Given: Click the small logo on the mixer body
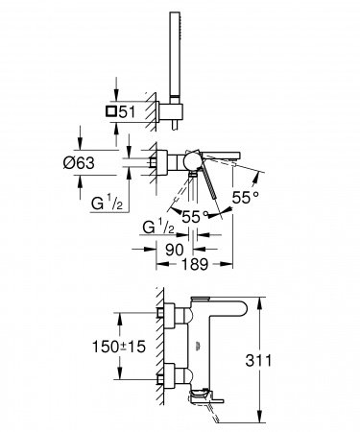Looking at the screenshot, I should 195,343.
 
